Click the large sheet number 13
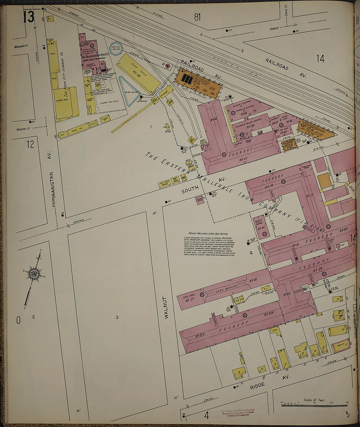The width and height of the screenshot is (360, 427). point(28,17)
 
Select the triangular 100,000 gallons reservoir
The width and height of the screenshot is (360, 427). point(129,91)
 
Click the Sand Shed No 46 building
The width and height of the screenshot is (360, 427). point(137,73)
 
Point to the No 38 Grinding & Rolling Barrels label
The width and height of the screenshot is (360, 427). point(250,126)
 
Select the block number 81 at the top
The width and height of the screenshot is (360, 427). point(197,17)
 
